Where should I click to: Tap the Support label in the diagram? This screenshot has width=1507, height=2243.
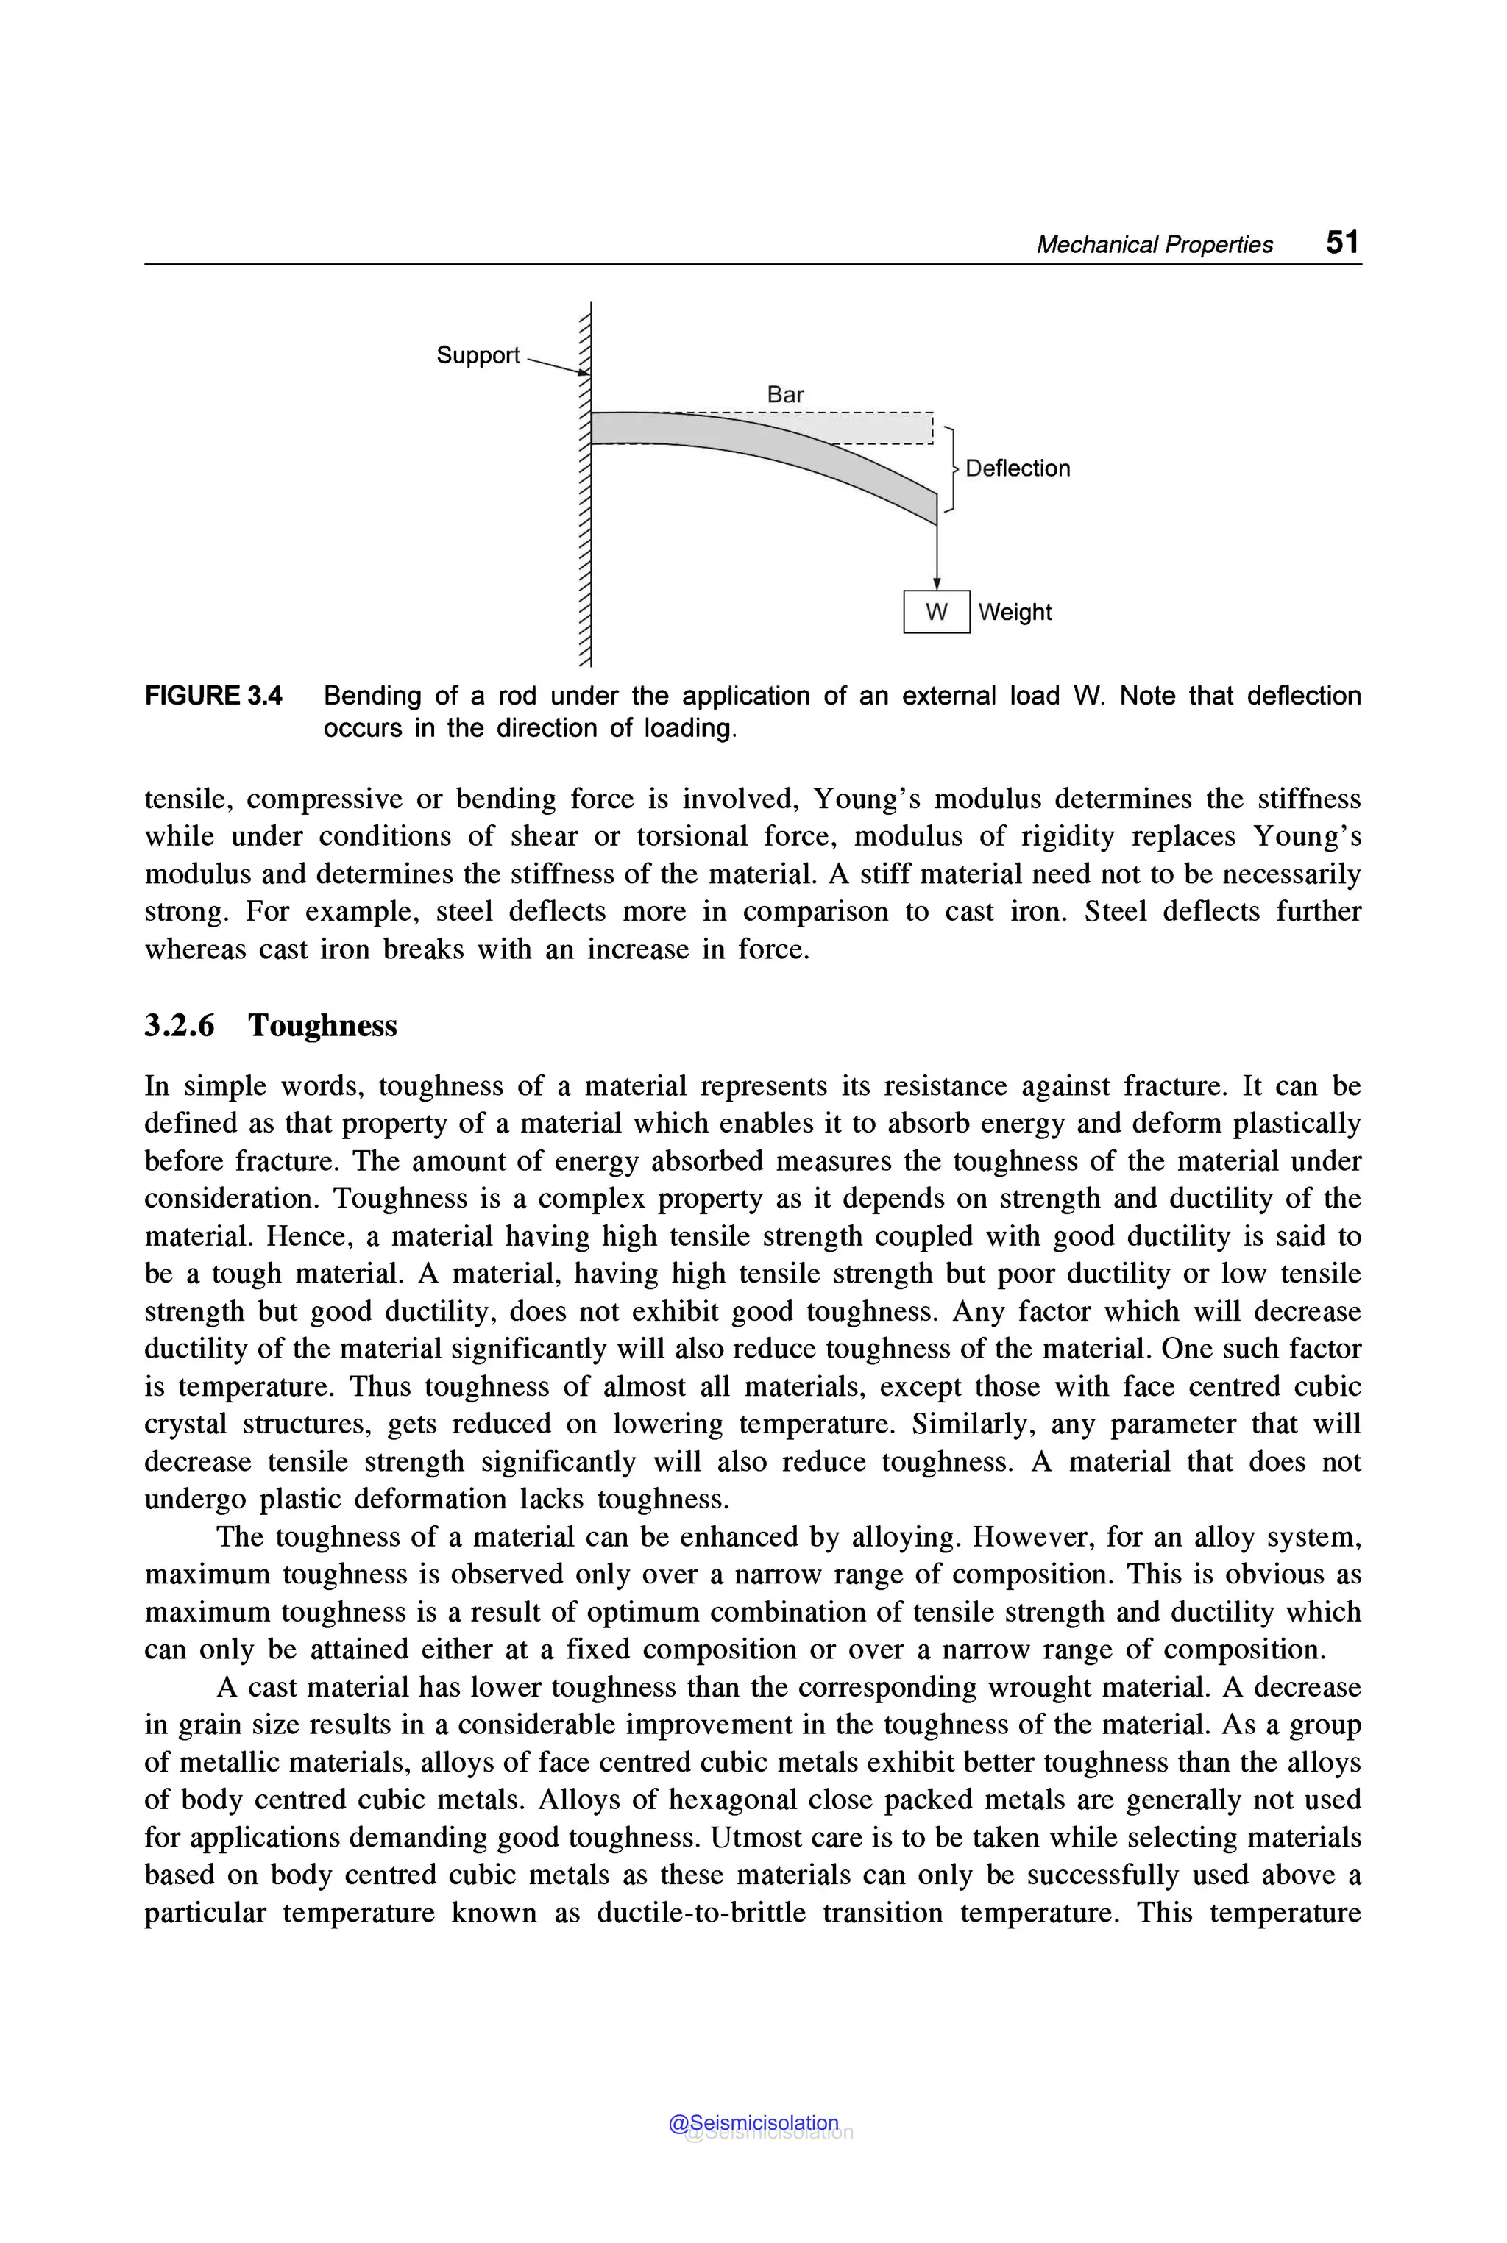(x=478, y=355)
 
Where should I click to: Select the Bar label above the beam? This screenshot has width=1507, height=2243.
(x=785, y=395)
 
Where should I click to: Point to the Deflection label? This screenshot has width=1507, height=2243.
(x=1017, y=468)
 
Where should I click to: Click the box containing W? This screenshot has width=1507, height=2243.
(x=936, y=612)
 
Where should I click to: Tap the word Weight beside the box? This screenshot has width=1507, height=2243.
(x=1015, y=612)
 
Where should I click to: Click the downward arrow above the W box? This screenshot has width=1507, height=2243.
(x=937, y=557)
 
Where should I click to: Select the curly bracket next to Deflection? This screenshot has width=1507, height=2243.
(x=951, y=468)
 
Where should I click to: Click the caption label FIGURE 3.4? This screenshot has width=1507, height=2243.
(x=213, y=696)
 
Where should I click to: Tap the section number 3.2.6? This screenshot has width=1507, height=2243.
(x=180, y=1026)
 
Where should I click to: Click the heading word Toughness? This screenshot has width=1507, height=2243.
(x=322, y=1026)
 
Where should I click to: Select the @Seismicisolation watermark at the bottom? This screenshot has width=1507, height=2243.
(x=754, y=2123)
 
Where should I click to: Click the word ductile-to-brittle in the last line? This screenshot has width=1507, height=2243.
(x=701, y=1913)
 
